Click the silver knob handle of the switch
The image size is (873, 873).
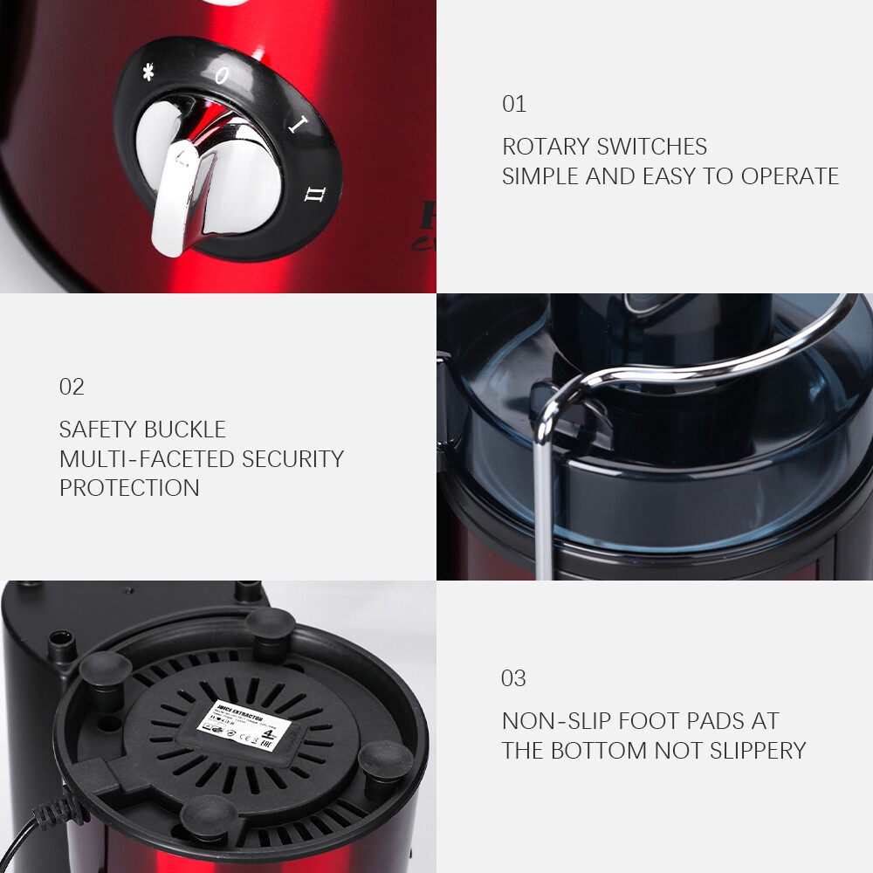coord(179,201)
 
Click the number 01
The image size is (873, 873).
coord(514,104)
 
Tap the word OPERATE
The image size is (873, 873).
coord(790,176)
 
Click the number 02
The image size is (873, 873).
coord(72,387)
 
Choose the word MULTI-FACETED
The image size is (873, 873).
coord(148,459)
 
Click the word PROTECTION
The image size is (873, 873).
coord(129,488)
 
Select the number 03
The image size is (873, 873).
coord(514,678)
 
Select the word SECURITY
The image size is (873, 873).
coord(292,459)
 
